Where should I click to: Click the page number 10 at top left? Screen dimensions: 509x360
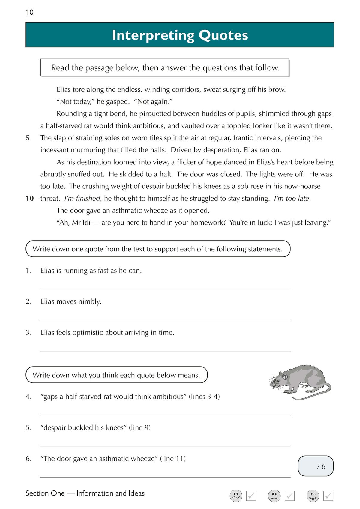(29, 12)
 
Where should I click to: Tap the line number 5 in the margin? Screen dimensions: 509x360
(28, 138)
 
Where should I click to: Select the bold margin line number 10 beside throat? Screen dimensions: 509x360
(30, 198)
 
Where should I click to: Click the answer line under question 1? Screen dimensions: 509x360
(165, 289)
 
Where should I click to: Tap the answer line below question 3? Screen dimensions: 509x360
(165, 350)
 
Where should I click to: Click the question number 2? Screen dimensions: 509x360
(28, 301)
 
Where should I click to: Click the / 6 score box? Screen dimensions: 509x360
(316, 466)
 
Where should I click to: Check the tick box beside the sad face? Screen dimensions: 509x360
(251, 496)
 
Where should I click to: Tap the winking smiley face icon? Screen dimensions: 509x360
(313, 496)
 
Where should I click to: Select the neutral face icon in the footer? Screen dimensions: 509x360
(274, 496)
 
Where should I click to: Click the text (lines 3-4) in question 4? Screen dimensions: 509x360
(204, 397)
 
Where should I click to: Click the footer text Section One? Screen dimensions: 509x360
(45, 493)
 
